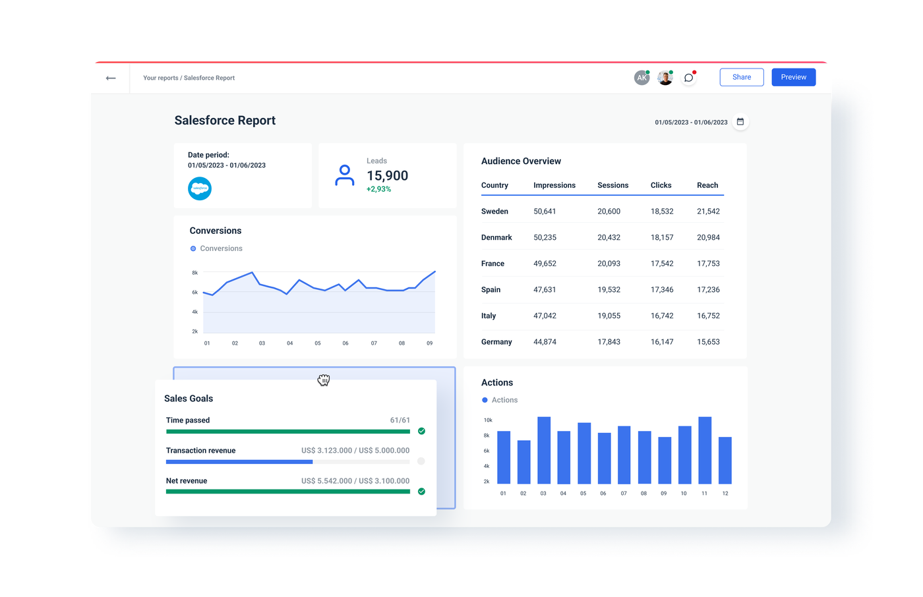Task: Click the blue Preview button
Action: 793,77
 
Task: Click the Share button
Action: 741,77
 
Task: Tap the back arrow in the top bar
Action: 111,78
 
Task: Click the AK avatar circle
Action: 641,78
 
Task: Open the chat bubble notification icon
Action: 688,78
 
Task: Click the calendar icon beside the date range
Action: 740,122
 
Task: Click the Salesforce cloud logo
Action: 200,188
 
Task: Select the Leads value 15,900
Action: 387,176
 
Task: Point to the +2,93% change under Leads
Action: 378,189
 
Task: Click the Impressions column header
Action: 554,185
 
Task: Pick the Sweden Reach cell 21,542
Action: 708,212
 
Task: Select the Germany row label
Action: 496,342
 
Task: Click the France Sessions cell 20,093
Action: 609,264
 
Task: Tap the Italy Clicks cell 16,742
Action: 662,316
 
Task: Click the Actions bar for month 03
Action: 544,451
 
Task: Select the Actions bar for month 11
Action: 705,451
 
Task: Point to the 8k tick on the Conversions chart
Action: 195,272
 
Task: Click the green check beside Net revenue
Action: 421,492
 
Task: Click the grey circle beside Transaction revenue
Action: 421,461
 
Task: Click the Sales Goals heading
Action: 189,399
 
